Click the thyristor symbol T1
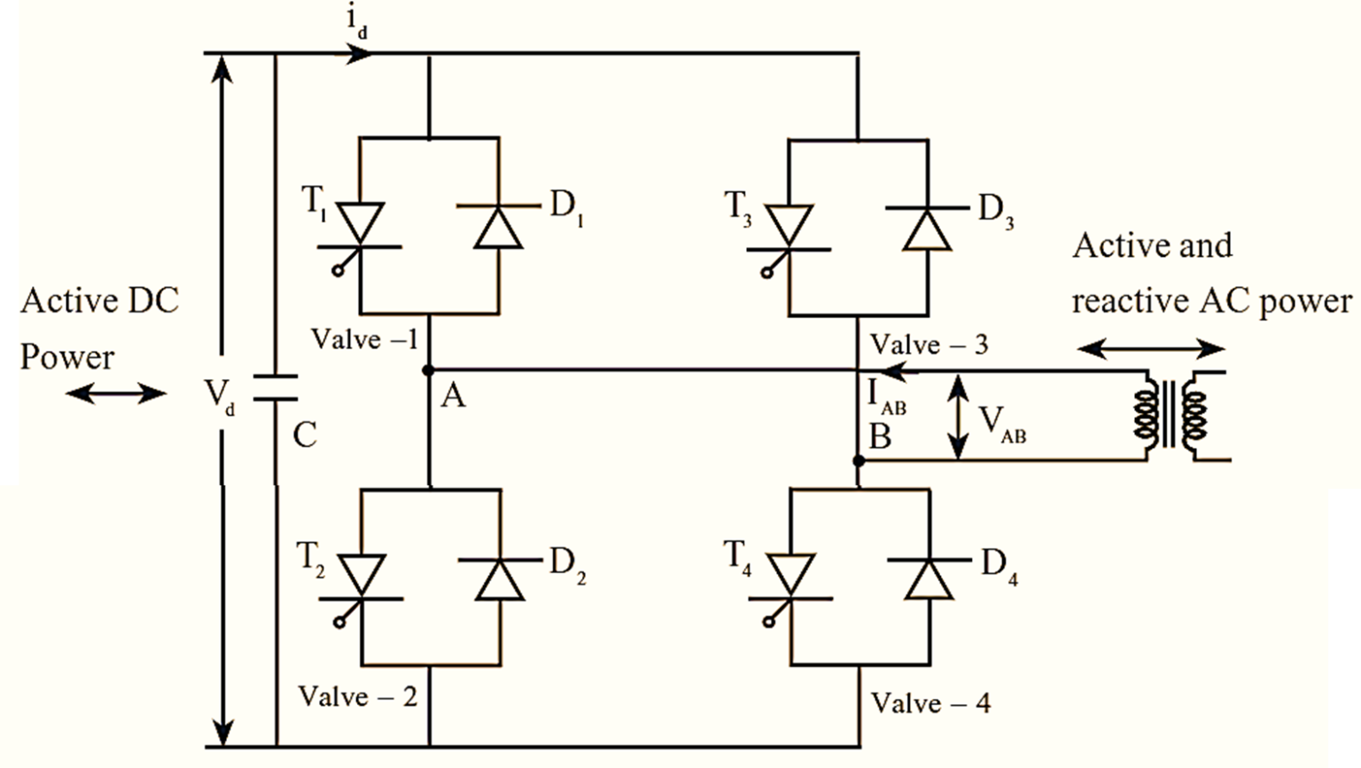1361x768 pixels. (361, 228)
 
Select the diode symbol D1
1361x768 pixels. (499, 228)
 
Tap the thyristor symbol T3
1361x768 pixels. (789, 228)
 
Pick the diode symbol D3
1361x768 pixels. (928, 228)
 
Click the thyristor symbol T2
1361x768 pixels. (361, 579)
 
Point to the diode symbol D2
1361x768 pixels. (499, 579)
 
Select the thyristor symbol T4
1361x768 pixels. (789, 579)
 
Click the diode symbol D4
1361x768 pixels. (928, 579)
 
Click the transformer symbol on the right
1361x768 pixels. (1170, 415)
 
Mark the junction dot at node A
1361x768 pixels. (429, 370)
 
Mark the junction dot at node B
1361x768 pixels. (858, 461)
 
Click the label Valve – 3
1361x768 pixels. (929, 344)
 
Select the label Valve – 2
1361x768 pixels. (357, 696)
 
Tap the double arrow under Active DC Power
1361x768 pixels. (115, 393)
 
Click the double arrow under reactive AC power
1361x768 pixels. (1150, 349)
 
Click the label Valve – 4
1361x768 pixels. (930, 703)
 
